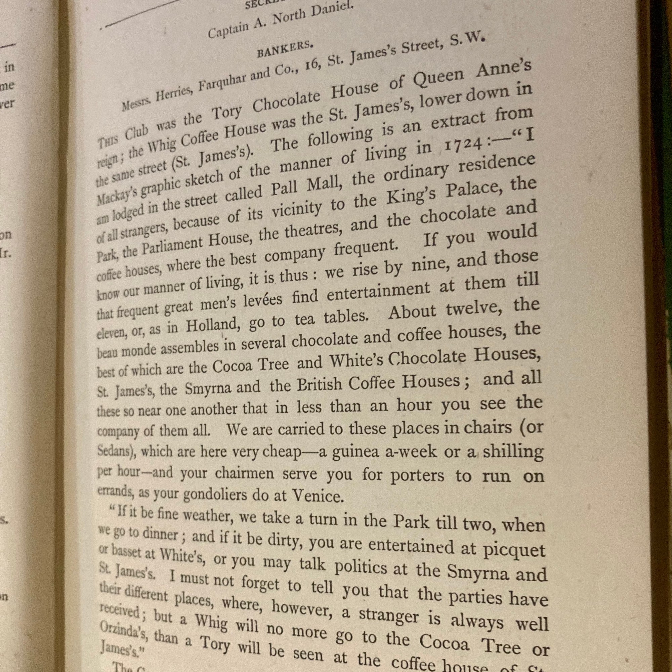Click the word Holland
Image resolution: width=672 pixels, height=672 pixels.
click(212, 326)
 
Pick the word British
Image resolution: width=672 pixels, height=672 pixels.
click(319, 384)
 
